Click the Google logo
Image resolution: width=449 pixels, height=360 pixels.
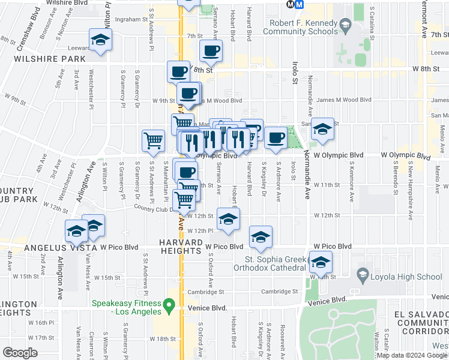(x=20, y=353)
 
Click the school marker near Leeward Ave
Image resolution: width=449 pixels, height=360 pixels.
(x=100, y=41)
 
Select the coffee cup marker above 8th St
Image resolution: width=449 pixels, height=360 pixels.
(x=211, y=51)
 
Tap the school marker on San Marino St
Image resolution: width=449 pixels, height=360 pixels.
(x=322, y=129)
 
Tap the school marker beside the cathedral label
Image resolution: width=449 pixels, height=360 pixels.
(x=321, y=263)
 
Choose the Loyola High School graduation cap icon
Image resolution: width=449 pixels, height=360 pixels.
(x=363, y=277)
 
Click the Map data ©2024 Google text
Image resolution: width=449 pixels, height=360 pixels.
(x=411, y=355)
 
